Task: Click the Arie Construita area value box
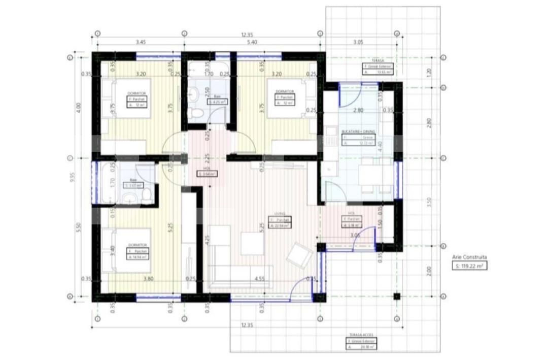click(x=469, y=265)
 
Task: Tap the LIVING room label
click(x=275, y=214)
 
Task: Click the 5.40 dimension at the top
click(x=252, y=42)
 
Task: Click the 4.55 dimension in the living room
click(x=259, y=278)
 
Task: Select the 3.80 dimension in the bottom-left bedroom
click(x=134, y=278)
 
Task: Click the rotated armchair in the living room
click(x=299, y=255)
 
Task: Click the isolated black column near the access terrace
click(x=397, y=297)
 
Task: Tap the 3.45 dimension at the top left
click(x=141, y=42)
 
